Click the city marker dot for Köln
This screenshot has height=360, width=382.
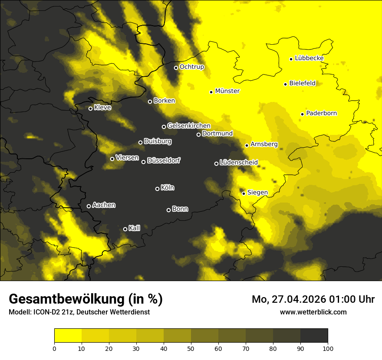click(157, 189)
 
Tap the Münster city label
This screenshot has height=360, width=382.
click(227, 91)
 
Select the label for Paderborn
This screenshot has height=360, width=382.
click(322, 113)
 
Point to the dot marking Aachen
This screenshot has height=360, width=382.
click(89, 206)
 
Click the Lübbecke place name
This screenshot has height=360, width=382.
click(309, 58)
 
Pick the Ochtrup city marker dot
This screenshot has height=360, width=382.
click(176, 68)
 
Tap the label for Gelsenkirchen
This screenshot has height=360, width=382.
click(189, 126)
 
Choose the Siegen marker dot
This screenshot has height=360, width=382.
click(244, 193)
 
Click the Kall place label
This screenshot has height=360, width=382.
click(135, 228)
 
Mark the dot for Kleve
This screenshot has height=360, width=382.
click(90, 108)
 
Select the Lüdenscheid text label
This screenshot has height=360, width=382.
click(239, 163)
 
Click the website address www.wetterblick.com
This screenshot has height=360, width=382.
click(313, 312)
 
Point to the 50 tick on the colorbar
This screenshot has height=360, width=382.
click(191, 348)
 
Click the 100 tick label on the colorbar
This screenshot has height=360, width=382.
click(328, 348)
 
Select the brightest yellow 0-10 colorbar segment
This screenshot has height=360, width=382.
click(68, 335)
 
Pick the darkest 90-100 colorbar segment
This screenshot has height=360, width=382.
click(314, 335)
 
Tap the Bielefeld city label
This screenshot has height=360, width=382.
click(302, 83)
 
